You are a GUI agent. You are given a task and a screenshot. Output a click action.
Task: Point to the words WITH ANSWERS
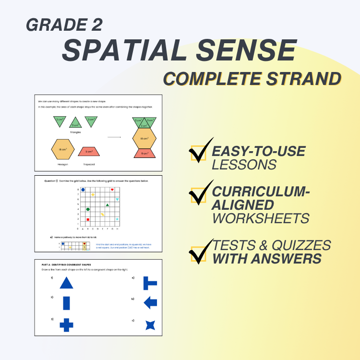point(267,259)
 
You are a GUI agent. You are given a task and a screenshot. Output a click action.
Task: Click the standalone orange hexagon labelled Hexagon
point(63,150)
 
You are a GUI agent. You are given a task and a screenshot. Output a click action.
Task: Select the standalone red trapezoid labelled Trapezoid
point(89,152)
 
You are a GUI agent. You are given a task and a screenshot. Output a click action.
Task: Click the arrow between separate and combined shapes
point(114,137)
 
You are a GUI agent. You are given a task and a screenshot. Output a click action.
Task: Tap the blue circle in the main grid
point(83,190)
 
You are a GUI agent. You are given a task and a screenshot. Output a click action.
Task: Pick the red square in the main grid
point(88,219)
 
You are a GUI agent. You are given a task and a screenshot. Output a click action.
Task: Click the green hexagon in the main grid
point(88,209)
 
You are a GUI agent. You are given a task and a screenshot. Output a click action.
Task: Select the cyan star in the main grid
point(117,219)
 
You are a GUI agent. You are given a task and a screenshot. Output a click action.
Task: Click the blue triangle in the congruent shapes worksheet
point(66,283)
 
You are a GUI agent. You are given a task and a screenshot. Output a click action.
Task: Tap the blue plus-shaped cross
point(66,324)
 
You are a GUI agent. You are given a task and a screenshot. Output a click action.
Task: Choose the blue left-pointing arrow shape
point(150,302)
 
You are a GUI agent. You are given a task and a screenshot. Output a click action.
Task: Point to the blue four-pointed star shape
point(150,325)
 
